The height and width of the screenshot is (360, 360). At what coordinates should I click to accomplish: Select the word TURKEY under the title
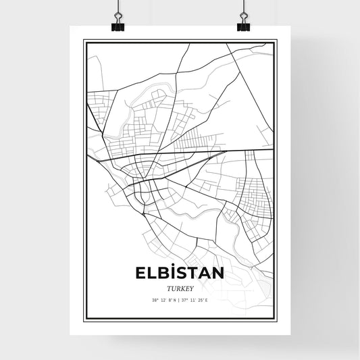pyautogui.click(x=180, y=286)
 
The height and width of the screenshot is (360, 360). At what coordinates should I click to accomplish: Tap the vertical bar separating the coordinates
pyautogui.click(x=179, y=299)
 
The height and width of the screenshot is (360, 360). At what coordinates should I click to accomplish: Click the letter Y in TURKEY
pyautogui.click(x=191, y=286)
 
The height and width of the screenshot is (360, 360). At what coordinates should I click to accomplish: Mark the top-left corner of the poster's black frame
pyautogui.click(x=84, y=41)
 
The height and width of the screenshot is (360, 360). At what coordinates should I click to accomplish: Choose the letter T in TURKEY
pyautogui.click(x=168, y=286)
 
